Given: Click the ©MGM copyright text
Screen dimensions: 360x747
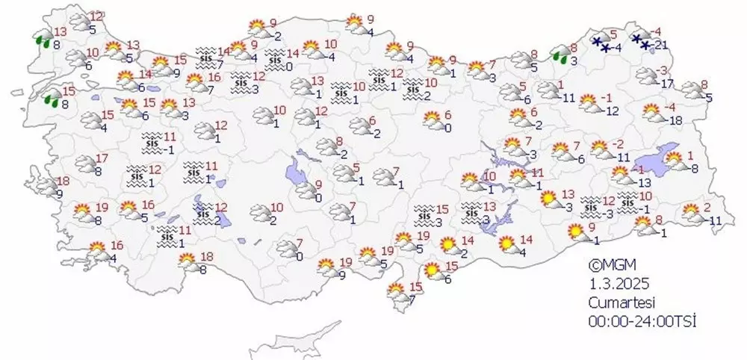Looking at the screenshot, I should coord(610,264).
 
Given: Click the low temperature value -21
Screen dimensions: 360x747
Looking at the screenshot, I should coord(659,46).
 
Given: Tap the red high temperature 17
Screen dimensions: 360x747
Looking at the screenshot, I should coord(103,158).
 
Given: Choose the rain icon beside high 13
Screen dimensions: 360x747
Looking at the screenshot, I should coord(45,40).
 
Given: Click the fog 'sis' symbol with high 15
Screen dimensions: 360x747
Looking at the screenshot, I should coord(424,215).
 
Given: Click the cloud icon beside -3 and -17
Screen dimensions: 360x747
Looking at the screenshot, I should coord(645,76).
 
